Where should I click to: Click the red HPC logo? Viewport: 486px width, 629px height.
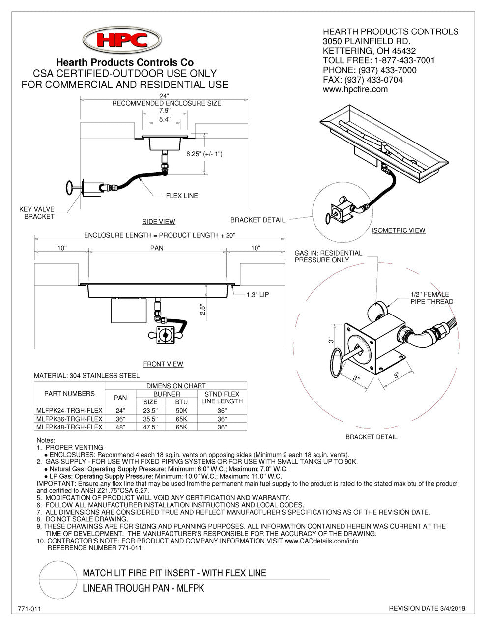pyautogui.click(x=122, y=39)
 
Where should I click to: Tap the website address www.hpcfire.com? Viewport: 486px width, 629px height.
pyautogui.click(x=355, y=89)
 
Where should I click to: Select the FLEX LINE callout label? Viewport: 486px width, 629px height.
pyautogui.click(x=181, y=196)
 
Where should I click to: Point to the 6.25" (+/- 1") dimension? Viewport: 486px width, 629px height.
pyautogui.click(x=204, y=154)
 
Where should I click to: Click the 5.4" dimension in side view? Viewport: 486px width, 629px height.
pyautogui.click(x=165, y=119)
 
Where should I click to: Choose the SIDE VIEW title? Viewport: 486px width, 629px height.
pyautogui.click(x=159, y=222)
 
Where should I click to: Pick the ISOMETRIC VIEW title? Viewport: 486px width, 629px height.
pyautogui.click(x=398, y=230)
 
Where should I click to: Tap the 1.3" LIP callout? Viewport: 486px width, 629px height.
pyautogui.click(x=257, y=295)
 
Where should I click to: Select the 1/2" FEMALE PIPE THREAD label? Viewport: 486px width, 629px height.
pyautogui.click(x=431, y=298)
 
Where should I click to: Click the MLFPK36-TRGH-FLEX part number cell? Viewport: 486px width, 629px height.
pyautogui.click(x=69, y=419)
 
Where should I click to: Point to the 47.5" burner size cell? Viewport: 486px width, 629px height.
pyautogui.click(x=150, y=427)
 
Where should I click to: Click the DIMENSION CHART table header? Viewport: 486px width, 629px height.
pyautogui.click(x=176, y=386)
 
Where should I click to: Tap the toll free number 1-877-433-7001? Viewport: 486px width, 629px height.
pyautogui.click(x=404, y=60)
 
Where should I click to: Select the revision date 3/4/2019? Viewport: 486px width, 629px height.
pyautogui.click(x=427, y=609)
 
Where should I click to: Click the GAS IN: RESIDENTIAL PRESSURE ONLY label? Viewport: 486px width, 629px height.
pyautogui.click(x=328, y=256)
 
